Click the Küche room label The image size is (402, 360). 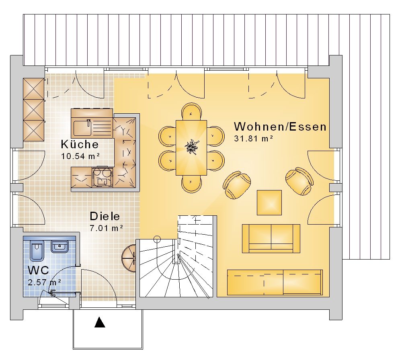80,144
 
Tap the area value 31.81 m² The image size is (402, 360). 253,139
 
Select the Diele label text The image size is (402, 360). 105,217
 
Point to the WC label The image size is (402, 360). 38,270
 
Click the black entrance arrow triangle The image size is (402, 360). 100,322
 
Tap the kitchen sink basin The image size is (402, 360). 82,128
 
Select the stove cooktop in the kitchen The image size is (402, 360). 102,177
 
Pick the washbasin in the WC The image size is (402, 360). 60,247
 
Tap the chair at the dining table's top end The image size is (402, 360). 191,112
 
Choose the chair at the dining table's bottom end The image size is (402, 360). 191,184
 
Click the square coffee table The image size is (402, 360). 269,202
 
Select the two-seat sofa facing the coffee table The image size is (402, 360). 271,239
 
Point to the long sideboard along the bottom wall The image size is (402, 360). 275,282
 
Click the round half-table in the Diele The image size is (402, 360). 129,258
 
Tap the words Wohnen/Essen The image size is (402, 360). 280,127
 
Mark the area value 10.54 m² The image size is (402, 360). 80,156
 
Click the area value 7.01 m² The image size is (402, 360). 106,228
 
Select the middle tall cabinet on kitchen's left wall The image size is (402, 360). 34,110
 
